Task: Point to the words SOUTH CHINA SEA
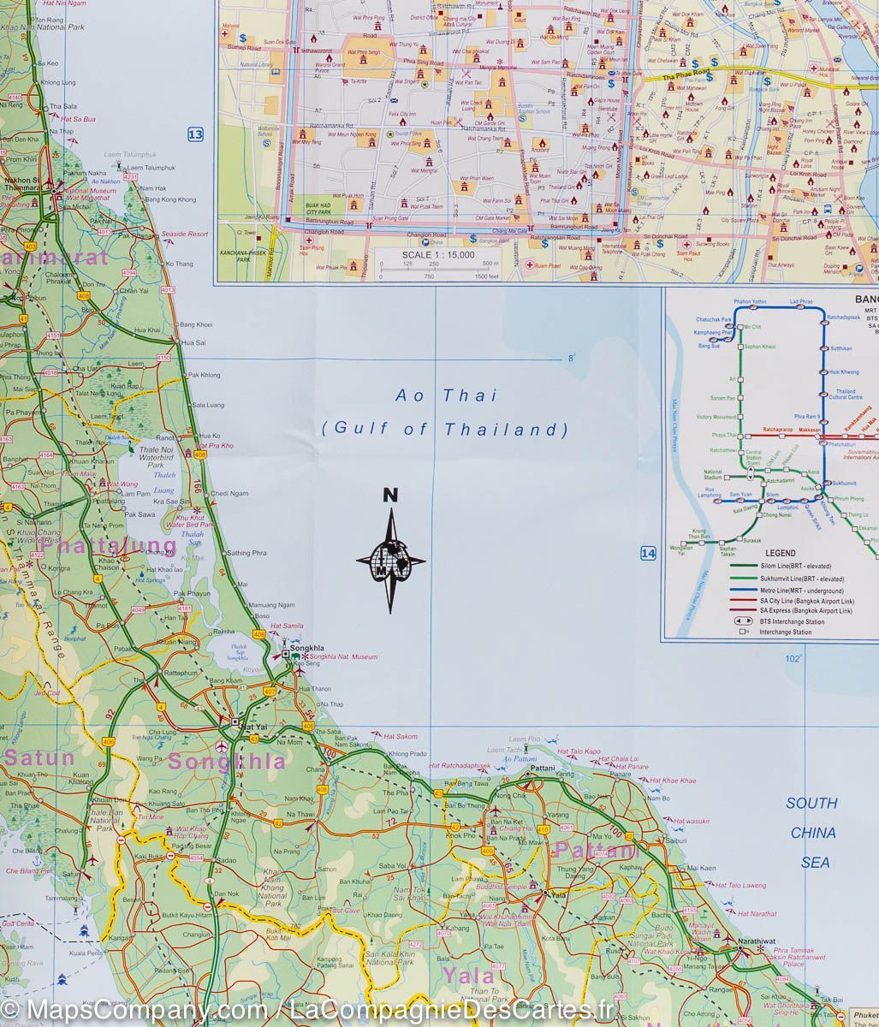click(812, 833)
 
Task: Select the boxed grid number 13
click(195, 134)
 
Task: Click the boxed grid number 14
click(648, 554)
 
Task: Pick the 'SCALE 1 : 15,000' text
click(438, 255)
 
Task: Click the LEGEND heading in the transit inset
click(780, 553)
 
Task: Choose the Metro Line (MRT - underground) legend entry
click(800, 591)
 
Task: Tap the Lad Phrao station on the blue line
click(801, 302)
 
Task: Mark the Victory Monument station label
click(716, 417)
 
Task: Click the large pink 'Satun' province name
click(40, 757)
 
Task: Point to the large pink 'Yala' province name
click(468, 976)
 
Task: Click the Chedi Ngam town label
click(229, 493)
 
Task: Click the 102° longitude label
click(793, 658)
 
